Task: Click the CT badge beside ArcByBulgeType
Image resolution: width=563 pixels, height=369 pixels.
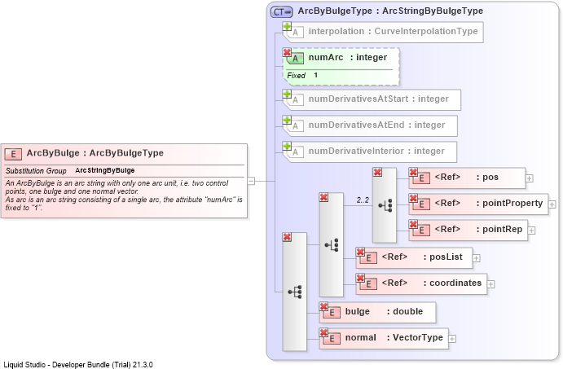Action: click(x=282, y=12)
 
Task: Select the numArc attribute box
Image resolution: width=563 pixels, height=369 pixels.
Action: click(x=341, y=67)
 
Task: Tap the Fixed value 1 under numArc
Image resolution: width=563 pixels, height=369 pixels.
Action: click(x=315, y=75)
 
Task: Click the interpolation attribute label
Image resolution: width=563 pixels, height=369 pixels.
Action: click(x=393, y=31)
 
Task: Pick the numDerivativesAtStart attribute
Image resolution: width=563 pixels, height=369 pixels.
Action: click(x=372, y=99)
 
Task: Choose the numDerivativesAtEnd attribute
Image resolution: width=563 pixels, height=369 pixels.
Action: click(x=370, y=125)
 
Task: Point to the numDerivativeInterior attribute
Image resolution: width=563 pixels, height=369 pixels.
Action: click(x=369, y=152)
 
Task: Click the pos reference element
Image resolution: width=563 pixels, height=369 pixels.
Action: click(x=467, y=178)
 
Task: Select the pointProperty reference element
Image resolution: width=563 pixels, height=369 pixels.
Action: click(x=478, y=204)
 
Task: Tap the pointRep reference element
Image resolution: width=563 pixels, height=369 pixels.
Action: click(x=468, y=230)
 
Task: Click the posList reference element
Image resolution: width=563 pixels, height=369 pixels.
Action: click(x=414, y=257)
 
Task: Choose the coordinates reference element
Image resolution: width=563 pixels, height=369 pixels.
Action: click(x=421, y=284)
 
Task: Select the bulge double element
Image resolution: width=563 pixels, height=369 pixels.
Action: click(x=377, y=312)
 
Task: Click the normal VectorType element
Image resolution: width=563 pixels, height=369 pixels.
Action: click(x=384, y=339)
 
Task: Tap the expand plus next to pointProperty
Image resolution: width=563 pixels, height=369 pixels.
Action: click(x=552, y=204)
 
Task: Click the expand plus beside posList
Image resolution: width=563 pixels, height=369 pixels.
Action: click(x=476, y=258)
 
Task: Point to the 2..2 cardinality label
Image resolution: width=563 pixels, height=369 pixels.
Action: click(x=363, y=200)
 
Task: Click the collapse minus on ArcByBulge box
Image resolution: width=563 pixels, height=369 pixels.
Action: click(x=251, y=181)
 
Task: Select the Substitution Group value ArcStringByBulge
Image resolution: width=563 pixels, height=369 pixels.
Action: click(x=105, y=170)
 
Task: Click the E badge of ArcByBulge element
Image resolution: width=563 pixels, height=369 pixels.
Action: click(x=13, y=154)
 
